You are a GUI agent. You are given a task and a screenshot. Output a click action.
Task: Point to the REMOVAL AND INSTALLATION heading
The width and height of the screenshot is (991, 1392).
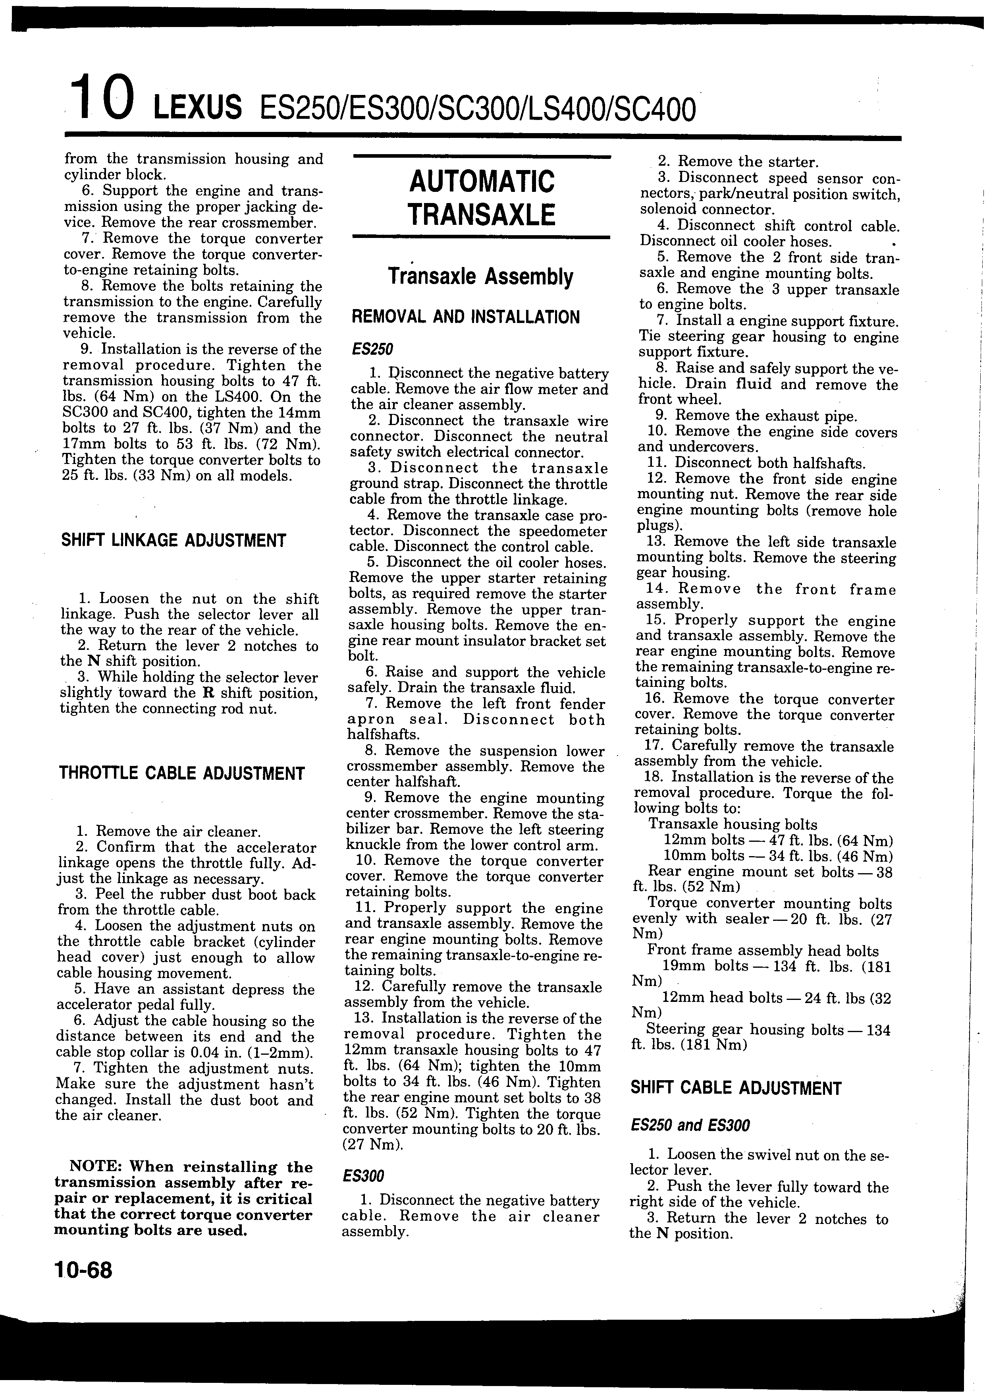coord(466,317)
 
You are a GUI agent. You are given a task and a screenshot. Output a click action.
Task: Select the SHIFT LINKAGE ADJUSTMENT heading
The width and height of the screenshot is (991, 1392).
coord(173,540)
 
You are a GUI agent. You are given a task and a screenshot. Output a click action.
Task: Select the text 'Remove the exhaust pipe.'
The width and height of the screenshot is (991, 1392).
coord(766,416)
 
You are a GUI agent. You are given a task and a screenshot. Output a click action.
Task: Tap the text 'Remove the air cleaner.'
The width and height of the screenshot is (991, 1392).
coord(178,831)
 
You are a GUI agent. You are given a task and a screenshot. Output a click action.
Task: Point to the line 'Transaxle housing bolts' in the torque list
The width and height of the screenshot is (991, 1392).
coord(732,824)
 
